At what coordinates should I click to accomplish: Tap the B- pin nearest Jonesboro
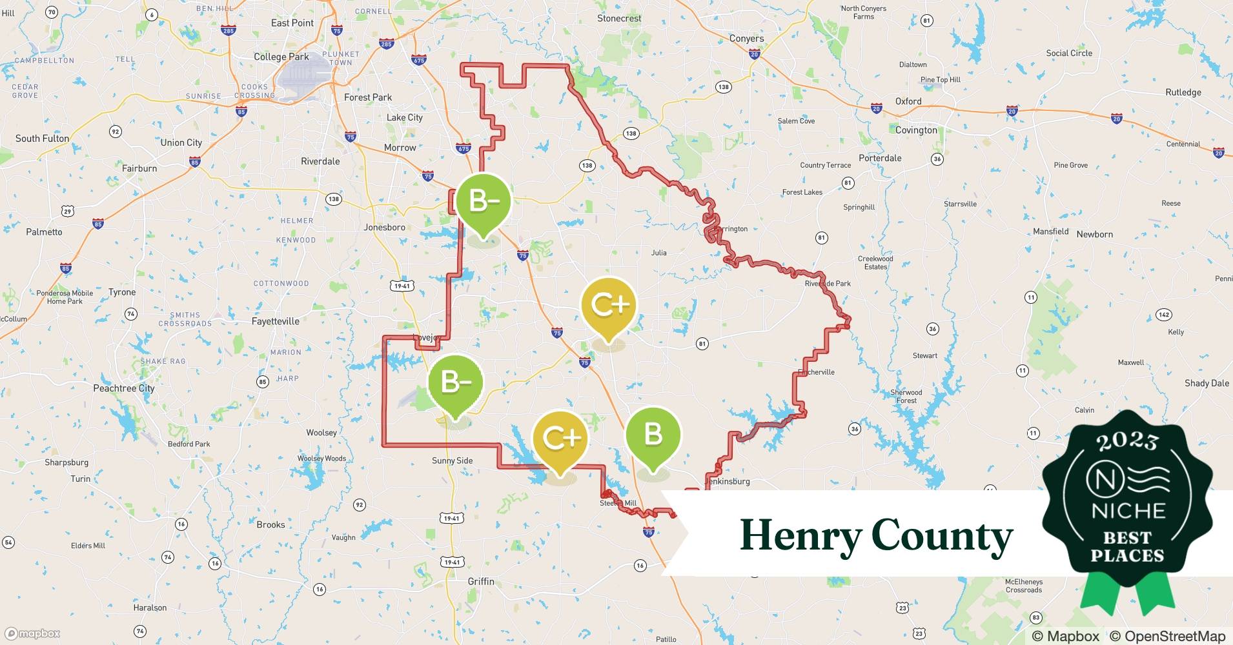click(x=483, y=201)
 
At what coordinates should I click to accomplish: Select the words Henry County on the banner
click(x=876, y=536)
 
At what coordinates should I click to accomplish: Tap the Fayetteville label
click(x=275, y=321)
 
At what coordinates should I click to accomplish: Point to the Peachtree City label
click(x=124, y=388)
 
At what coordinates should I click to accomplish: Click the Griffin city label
click(x=481, y=581)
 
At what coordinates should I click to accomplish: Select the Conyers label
click(x=746, y=39)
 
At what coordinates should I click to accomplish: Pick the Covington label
click(x=916, y=130)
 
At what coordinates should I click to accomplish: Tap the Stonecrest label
click(x=618, y=19)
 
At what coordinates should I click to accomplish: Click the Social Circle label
click(x=1069, y=53)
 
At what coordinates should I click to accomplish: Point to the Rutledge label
click(x=1183, y=92)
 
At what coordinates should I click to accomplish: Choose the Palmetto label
click(x=44, y=232)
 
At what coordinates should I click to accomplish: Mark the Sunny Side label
click(x=452, y=461)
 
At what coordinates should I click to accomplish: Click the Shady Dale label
click(x=1207, y=383)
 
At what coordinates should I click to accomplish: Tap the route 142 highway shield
click(x=1163, y=315)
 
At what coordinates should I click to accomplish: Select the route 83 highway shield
click(x=1036, y=617)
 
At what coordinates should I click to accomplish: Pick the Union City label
click(x=181, y=143)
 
